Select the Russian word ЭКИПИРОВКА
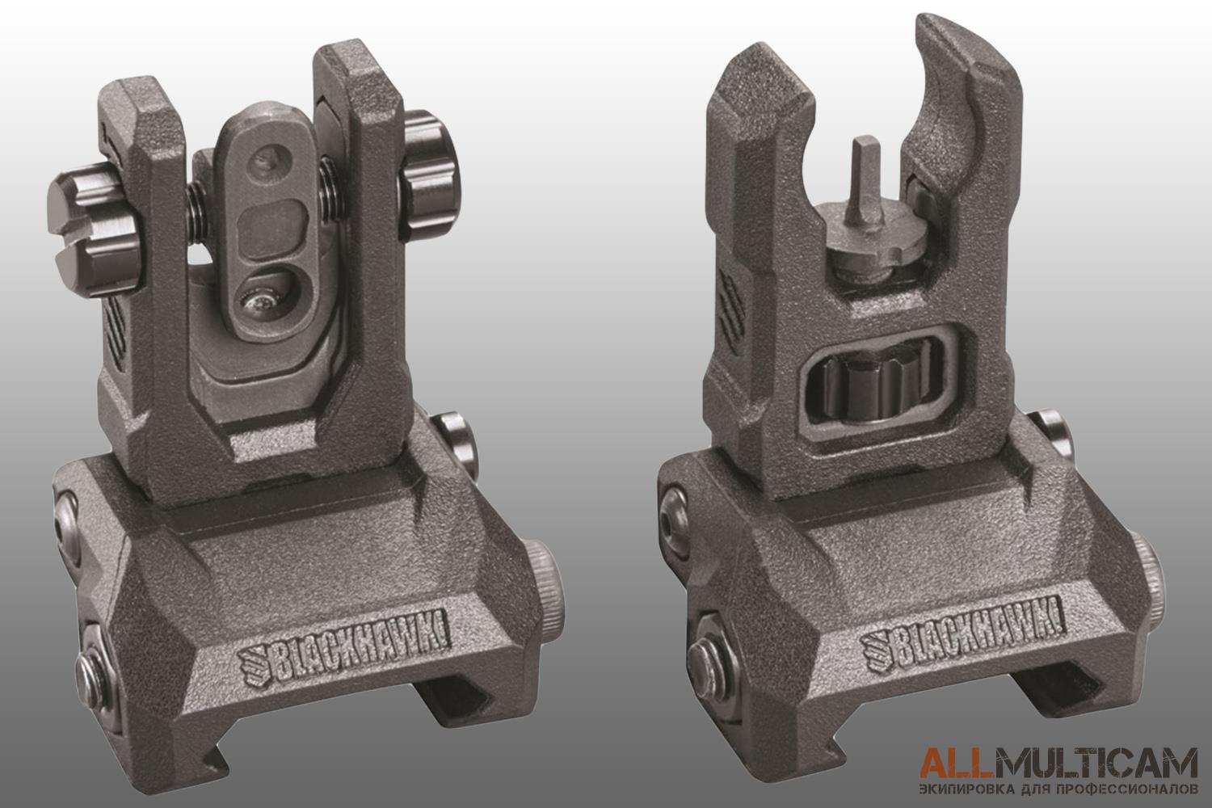pos(966,790)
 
